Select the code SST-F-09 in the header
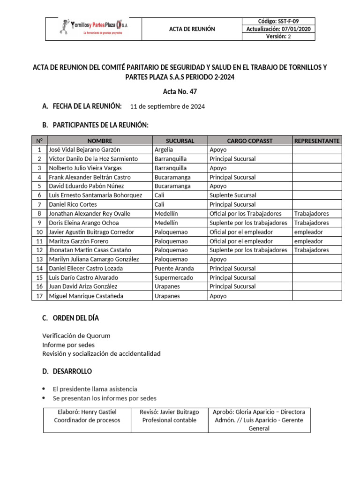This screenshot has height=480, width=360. click(278, 21)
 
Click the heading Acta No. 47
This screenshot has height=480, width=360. click(180, 91)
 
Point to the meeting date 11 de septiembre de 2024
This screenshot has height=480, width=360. click(167, 106)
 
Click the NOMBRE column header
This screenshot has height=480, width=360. click(99, 141)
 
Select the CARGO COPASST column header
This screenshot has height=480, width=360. click(249, 141)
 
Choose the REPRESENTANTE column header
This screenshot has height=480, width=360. click(317, 141)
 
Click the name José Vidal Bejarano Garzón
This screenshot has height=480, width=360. click(84, 150)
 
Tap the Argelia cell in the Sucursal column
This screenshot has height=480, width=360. click(164, 150)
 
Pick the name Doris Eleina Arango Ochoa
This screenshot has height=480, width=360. click(84, 223)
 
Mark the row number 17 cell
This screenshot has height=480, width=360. click(39, 296)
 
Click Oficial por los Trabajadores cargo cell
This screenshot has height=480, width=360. click(246, 214)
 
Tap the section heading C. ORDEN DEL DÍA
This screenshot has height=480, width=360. click(70, 318)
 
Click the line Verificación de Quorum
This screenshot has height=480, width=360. click(76, 336)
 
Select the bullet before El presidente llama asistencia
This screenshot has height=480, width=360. click(44, 389)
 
